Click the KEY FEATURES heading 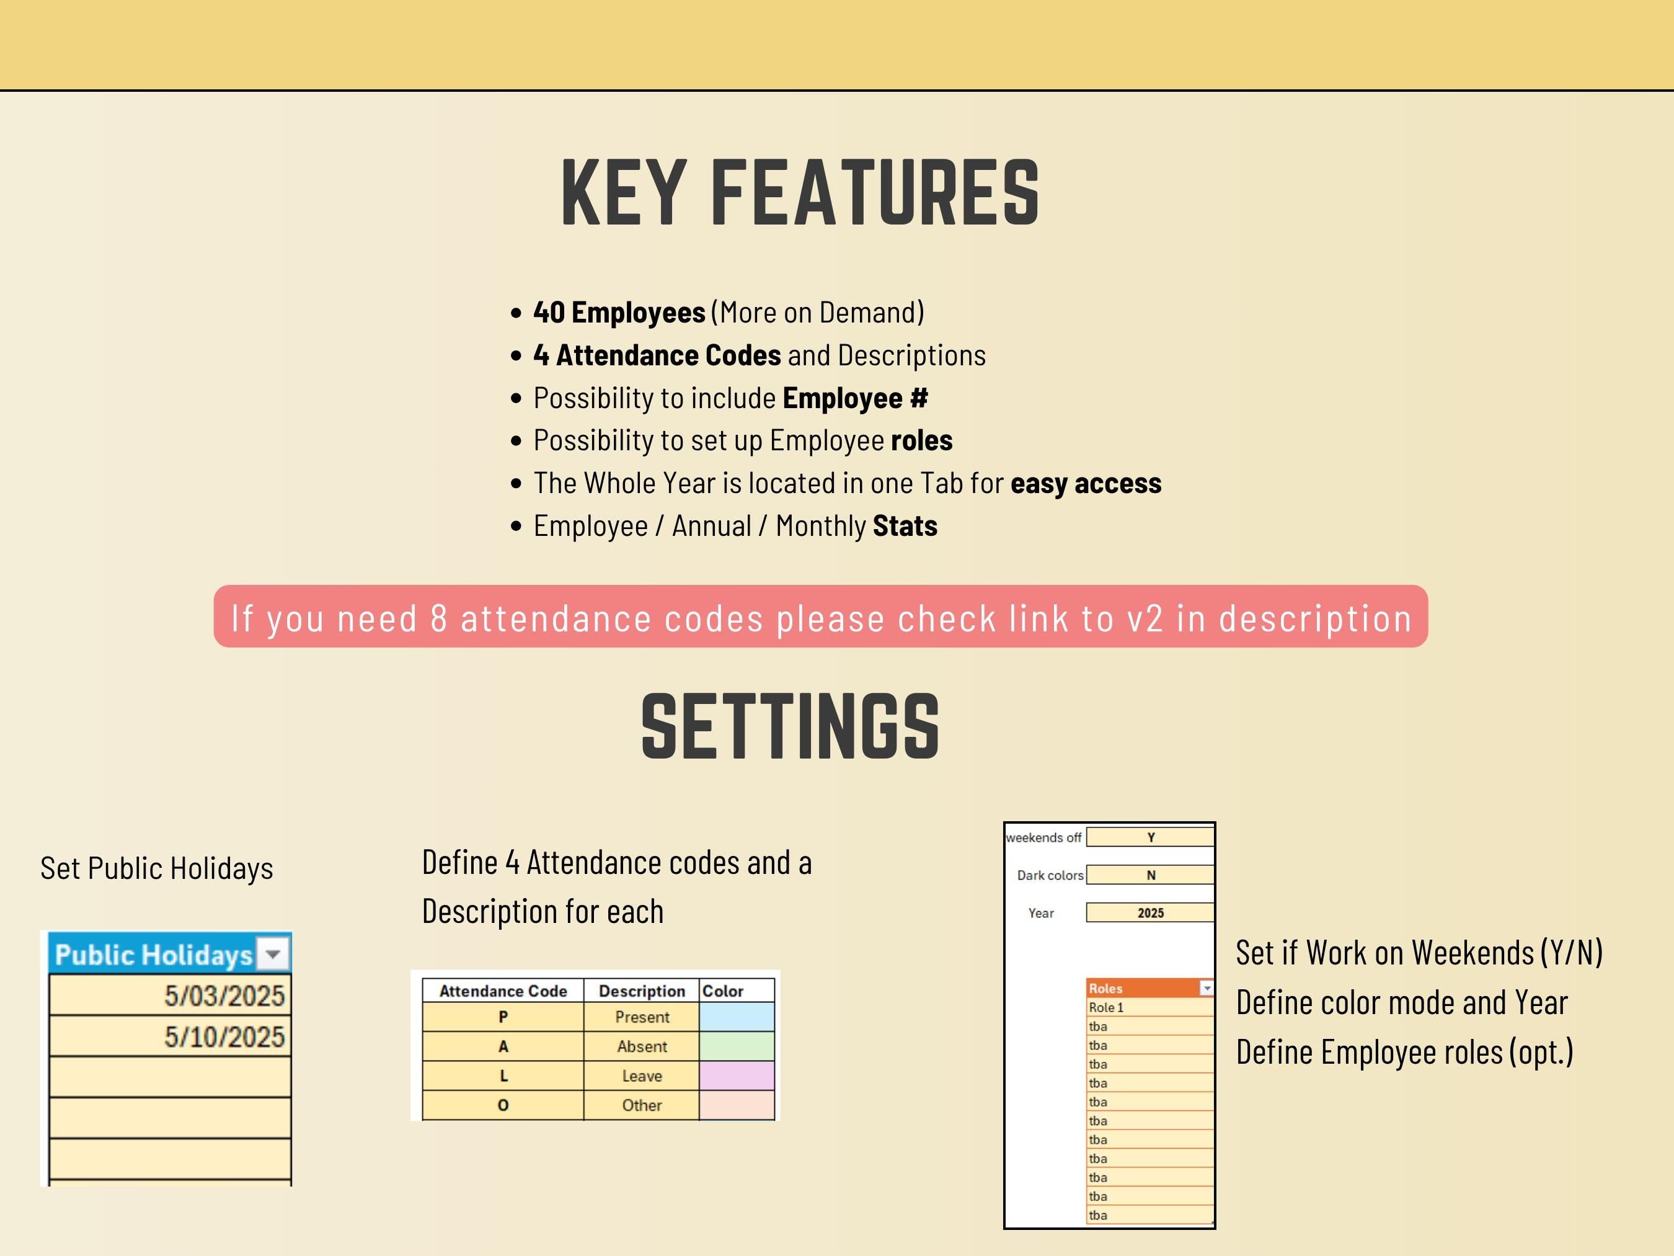[x=800, y=192]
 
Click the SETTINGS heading [x=791, y=726]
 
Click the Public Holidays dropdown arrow [x=273, y=954]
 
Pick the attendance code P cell [x=503, y=1017]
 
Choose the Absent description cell [x=642, y=1046]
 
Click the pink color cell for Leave [x=737, y=1076]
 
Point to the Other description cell [x=642, y=1105]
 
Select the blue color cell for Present [x=737, y=1017]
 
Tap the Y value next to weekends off [x=1150, y=837]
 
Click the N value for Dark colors [x=1150, y=875]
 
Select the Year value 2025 [x=1150, y=913]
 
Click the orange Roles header [x=1149, y=988]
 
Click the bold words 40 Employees [x=619, y=312]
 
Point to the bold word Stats [x=905, y=525]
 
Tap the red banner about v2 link [x=820, y=617]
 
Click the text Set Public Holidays [x=157, y=868]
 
